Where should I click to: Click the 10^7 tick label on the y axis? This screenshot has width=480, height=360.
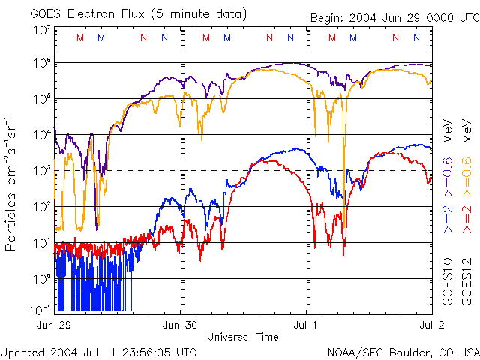click(41, 30)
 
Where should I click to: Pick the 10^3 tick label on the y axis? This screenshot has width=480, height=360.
click(41, 170)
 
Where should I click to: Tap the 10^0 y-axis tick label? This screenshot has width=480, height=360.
click(41, 278)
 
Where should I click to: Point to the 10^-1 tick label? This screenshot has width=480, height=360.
click(41, 310)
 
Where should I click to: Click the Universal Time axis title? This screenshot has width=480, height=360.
click(243, 336)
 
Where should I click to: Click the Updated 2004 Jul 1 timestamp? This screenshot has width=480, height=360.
click(98, 352)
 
